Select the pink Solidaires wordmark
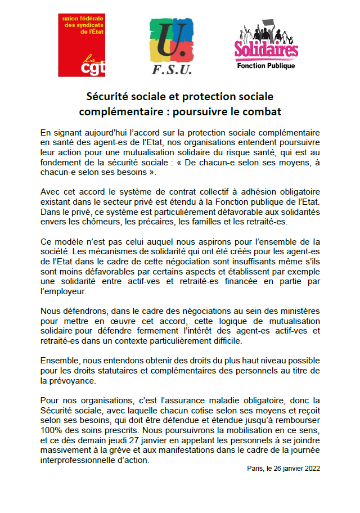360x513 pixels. coord(266,51)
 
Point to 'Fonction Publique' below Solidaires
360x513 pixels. coord(266,66)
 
